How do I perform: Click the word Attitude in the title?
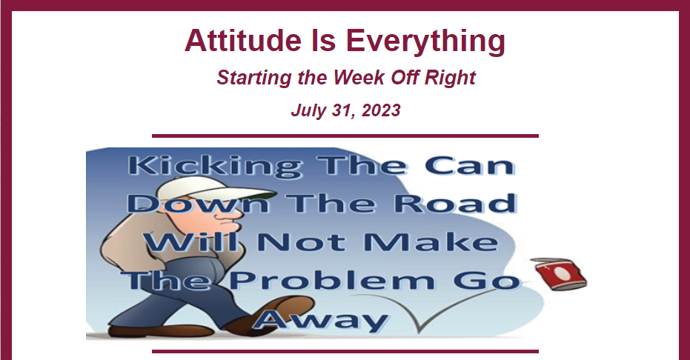pyautogui.click(x=243, y=41)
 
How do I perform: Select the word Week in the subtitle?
pyautogui.click(x=359, y=77)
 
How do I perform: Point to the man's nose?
pyautogui.click(x=235, y=214)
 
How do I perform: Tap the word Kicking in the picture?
pyautogui.click(x=216, y=167)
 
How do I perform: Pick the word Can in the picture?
pyautogui.click(x=470, y=166)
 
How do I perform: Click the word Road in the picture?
pyautogui.click(x=455, y=204)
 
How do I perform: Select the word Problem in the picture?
pyautogui.click(x=332, y=281)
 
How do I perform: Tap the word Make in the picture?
pyautogui.click(x=431, y=241)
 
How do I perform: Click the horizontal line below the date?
pyautogui.click(x=345, y=136)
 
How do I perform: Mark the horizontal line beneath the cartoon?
pyautogui.click(x=345, y=351)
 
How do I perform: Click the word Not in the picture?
pyautogui.click(x=301, y=242)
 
